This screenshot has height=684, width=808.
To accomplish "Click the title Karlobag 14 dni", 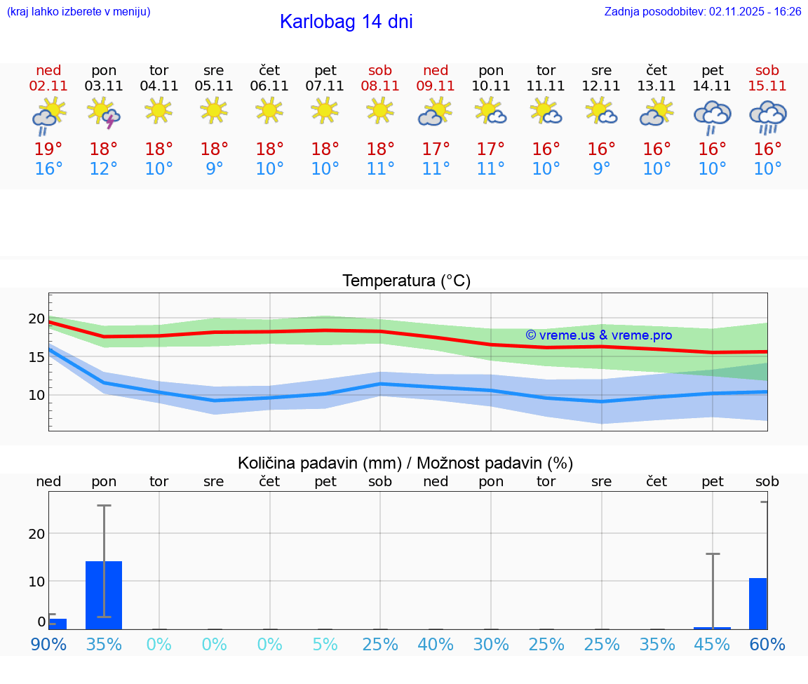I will pyautogui.click(x=346, y=22).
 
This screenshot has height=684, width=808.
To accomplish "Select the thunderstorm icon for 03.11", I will pyautogui.click(x=104, y=113).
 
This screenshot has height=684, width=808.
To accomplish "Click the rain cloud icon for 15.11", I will pyautogui.click(x=767, y=116).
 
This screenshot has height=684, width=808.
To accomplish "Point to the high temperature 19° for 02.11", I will pyautogui.click(x=48, y=149).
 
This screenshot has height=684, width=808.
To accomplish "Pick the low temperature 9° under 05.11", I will pyautogui.click(x=215, y=169).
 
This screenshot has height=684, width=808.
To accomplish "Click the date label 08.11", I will pyautogui.click(x=380, y=86).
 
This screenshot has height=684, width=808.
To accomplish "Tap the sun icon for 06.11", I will pyautogui.click(x=269, y=110).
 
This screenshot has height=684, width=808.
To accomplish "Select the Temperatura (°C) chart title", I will pyautogui.click(x=406, y=281).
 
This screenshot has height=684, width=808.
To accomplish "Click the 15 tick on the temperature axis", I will pyautogui.click(x=36, y=357).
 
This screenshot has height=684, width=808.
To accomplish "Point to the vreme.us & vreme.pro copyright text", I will pyautogui.click(x=598, y=335).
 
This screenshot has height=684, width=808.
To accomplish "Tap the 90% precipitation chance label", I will pyautogui.click(x=48, y=644).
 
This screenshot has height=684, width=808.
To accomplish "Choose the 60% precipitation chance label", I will pyautogui.click(x=767, y=644).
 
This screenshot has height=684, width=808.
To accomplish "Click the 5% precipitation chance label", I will pyautogui.click(x=325, y=644).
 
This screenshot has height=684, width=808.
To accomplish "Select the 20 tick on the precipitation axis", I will pyautogui.click(x=36, y=533).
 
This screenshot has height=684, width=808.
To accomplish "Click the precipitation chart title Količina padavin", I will pyautogui.click(x=405, y=463).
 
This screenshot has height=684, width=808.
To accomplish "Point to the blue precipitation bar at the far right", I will pyautogui.click(x=757, y=603).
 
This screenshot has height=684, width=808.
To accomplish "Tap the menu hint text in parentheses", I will pyautogui.click(x=79, y=11).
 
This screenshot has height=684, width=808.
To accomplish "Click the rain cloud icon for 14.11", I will pyautogui.click(x=712, y=116).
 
